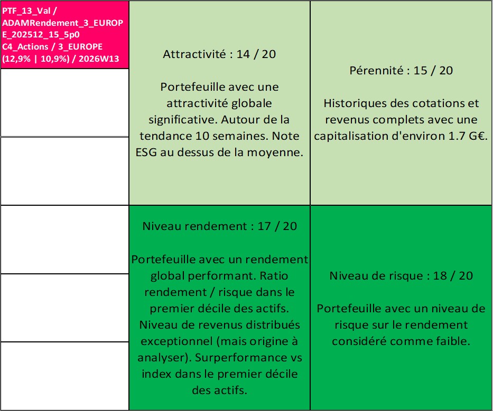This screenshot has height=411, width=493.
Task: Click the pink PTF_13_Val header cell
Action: click(64, 34)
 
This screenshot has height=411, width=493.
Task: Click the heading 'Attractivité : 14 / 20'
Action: click(219, 54)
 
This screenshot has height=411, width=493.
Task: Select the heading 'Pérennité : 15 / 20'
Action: click(401, 71)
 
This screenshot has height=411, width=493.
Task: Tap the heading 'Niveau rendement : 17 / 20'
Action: click(219, 226)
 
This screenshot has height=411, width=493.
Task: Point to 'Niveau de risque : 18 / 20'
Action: click(401, 276)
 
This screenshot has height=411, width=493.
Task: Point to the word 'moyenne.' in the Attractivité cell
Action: click(277, 153)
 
